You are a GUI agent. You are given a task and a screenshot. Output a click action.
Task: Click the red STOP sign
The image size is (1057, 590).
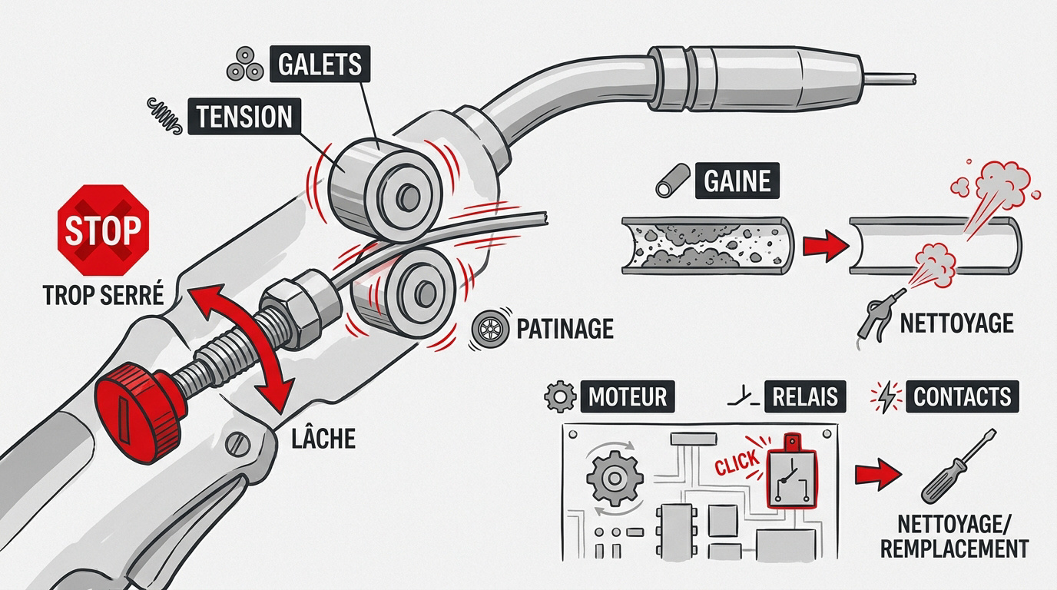click(104, 230)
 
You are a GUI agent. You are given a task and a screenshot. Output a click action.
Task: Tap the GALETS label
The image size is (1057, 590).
click(320, 65)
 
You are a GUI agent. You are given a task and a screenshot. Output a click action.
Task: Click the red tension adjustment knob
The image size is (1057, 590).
click(131, 413)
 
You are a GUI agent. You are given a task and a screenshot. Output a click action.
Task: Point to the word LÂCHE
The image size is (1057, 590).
click(323, 439)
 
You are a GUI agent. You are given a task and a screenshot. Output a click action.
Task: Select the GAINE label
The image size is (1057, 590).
click(737, 181)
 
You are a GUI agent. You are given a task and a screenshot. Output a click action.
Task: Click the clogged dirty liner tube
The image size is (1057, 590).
click(703, 244)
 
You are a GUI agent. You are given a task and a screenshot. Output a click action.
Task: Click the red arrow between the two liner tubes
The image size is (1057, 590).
click(820, 247)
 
